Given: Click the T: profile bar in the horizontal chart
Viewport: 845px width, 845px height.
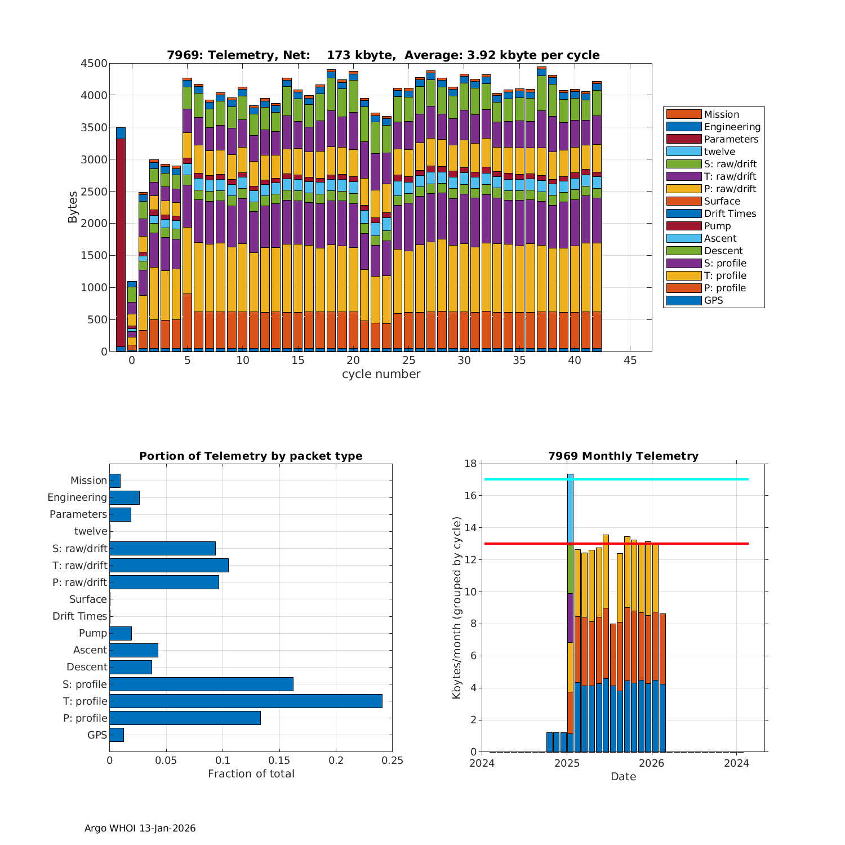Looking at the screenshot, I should pyautogui.click(x=246, y=701).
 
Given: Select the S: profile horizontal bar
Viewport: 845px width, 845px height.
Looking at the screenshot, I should pyautogui.click(x=201, y=684).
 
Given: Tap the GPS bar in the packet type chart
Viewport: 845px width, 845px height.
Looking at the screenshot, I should pyautogui.click(x=117, y=735).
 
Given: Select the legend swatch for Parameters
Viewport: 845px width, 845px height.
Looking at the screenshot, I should pyautogui.click(x=684, y=139).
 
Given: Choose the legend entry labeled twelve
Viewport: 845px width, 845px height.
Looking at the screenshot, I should pyautogui.click(x=719, y=152).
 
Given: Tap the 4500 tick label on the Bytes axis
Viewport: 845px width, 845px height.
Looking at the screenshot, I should pyautogui.click(x=94, y=64).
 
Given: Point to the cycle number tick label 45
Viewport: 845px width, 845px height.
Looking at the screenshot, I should pyautogui.click(x=630, y=361).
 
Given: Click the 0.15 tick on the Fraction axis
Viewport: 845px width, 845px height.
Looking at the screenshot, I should pyautogui.click(x=279, y=760).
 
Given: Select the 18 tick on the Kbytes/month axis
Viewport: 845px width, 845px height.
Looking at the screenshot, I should pyautogui.click(x=470, y=464).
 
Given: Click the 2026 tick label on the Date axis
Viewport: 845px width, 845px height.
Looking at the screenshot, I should pyautogui.click(x=652, y=763).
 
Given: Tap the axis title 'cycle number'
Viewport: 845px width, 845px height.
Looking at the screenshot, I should pyautogui.click(x=381, y=374).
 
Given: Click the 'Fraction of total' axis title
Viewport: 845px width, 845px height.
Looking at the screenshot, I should pyautogui.click(x=251, y=774).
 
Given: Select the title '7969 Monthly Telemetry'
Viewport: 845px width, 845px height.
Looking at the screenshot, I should pyautogui.click(x=623, y=456).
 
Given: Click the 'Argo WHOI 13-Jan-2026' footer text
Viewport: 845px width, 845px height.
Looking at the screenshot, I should pyautogui.click(x=140, y=828).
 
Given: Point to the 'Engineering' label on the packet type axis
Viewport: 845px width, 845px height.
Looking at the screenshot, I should pyautogui.click(x=77, y=497).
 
